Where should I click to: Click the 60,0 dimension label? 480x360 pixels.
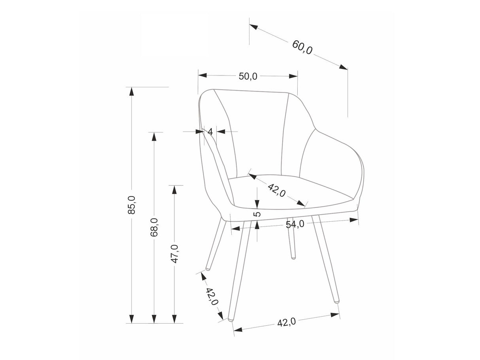pos(302,47)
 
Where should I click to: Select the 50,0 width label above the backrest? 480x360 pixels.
pos(248,76)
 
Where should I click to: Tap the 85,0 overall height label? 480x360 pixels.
pos(132,205)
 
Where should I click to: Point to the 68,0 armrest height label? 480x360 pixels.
pos(154,227)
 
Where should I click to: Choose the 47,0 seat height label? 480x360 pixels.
pos(174,254)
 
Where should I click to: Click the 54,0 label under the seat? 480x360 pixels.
pos(295,224)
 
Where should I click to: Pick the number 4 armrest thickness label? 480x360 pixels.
pos(210,132)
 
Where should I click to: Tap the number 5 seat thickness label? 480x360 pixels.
pos(258,213)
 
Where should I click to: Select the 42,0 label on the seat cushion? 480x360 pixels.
pos(277,190)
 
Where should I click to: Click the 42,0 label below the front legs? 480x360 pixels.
pos(287,322)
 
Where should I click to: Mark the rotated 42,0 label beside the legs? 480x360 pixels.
pos(212,297)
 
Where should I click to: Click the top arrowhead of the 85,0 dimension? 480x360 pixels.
pos(131,91)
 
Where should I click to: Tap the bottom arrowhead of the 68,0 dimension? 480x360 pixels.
pos(154,319)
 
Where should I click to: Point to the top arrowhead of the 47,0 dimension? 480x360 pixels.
pos(174,190)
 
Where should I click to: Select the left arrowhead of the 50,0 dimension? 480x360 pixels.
pos(202,75)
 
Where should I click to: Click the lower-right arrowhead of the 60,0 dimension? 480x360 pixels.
pos(343,67)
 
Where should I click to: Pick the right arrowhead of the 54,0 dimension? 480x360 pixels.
pos(354,220)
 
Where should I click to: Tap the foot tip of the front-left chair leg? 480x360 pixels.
pos(230,320)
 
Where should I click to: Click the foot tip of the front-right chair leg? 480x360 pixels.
pos(337,302)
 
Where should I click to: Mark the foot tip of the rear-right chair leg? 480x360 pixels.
pos(293,258)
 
